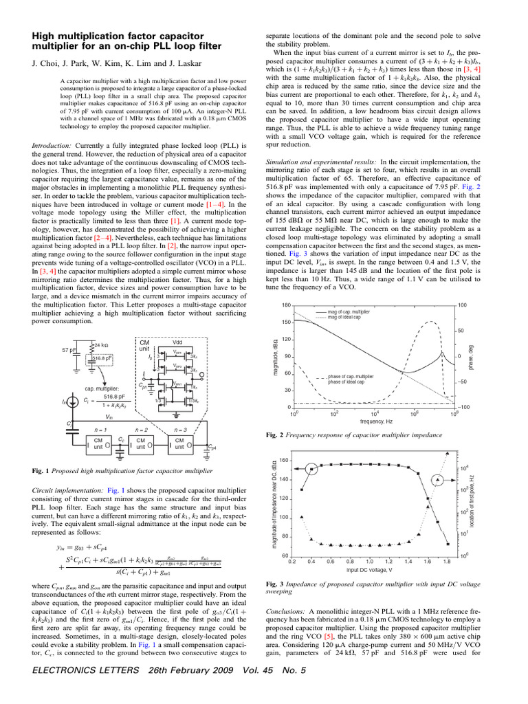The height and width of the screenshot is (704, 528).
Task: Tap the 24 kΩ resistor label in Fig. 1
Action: tap(100, 344)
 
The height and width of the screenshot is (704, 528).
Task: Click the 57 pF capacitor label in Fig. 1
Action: tap(69, 350)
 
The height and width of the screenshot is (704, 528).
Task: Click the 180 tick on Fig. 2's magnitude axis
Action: tap(287, 305)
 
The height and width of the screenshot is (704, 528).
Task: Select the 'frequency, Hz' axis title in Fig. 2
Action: tap(371, 420)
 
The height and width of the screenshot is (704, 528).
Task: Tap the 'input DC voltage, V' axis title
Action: tap(370, 570)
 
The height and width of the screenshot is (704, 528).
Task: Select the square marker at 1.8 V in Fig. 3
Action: tap(448, 544)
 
